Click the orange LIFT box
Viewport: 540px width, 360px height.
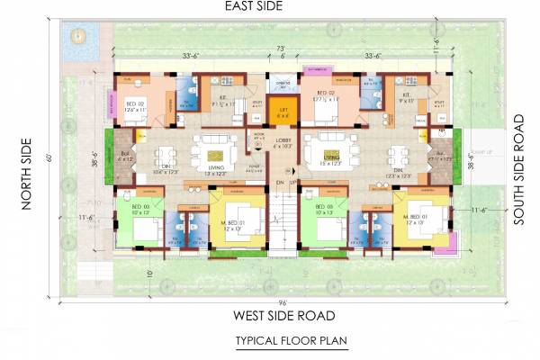coord(282,114)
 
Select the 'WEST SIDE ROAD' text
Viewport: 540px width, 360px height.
coord(283,316)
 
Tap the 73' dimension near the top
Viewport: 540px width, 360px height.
coord(282,46)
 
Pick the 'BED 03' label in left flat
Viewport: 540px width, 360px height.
coord(141,208)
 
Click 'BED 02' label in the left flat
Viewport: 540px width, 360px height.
coord(134,105)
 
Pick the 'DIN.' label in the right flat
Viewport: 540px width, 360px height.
coord(397,168)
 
